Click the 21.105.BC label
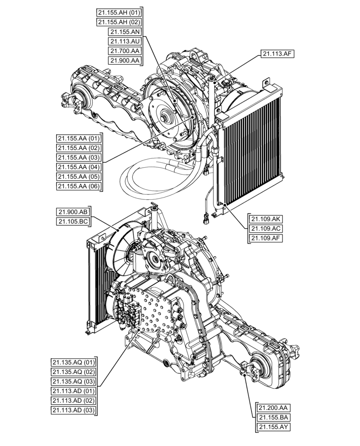point(72,222)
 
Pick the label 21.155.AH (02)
point(119,22)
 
